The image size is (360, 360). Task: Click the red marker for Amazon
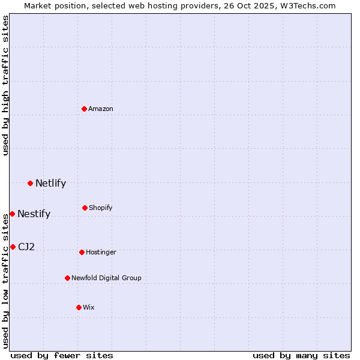(x=85, y=109)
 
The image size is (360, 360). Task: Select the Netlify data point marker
(x=30, y=183)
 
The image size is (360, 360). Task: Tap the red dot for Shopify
(x=85, y=208)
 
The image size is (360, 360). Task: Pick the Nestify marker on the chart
(x=12, y=214)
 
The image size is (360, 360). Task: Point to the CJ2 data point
(x=13, y=247)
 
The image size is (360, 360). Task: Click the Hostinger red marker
(x=82, y=252)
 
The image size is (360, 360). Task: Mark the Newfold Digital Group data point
(x=67, y=278)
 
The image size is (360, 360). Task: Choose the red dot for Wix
(x=79, y=307)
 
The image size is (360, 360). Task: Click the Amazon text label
(x=101, y=109)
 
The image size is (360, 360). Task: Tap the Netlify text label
(x=50, y=184)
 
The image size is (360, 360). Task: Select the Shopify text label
(x=101, y=208)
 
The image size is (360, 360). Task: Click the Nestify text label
(x=34, y=214)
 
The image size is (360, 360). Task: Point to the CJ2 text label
(x=26, y=247)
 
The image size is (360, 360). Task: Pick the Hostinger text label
(x=101, y=252)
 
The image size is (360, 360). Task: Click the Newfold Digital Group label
(x=106, y=278)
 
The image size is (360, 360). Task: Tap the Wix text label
(x=89, y=307)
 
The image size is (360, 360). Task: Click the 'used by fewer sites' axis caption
(x=62, y=355)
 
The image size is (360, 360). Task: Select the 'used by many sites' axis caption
(x=301, y=355)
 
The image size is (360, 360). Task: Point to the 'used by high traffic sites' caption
(x=5, y=86)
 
